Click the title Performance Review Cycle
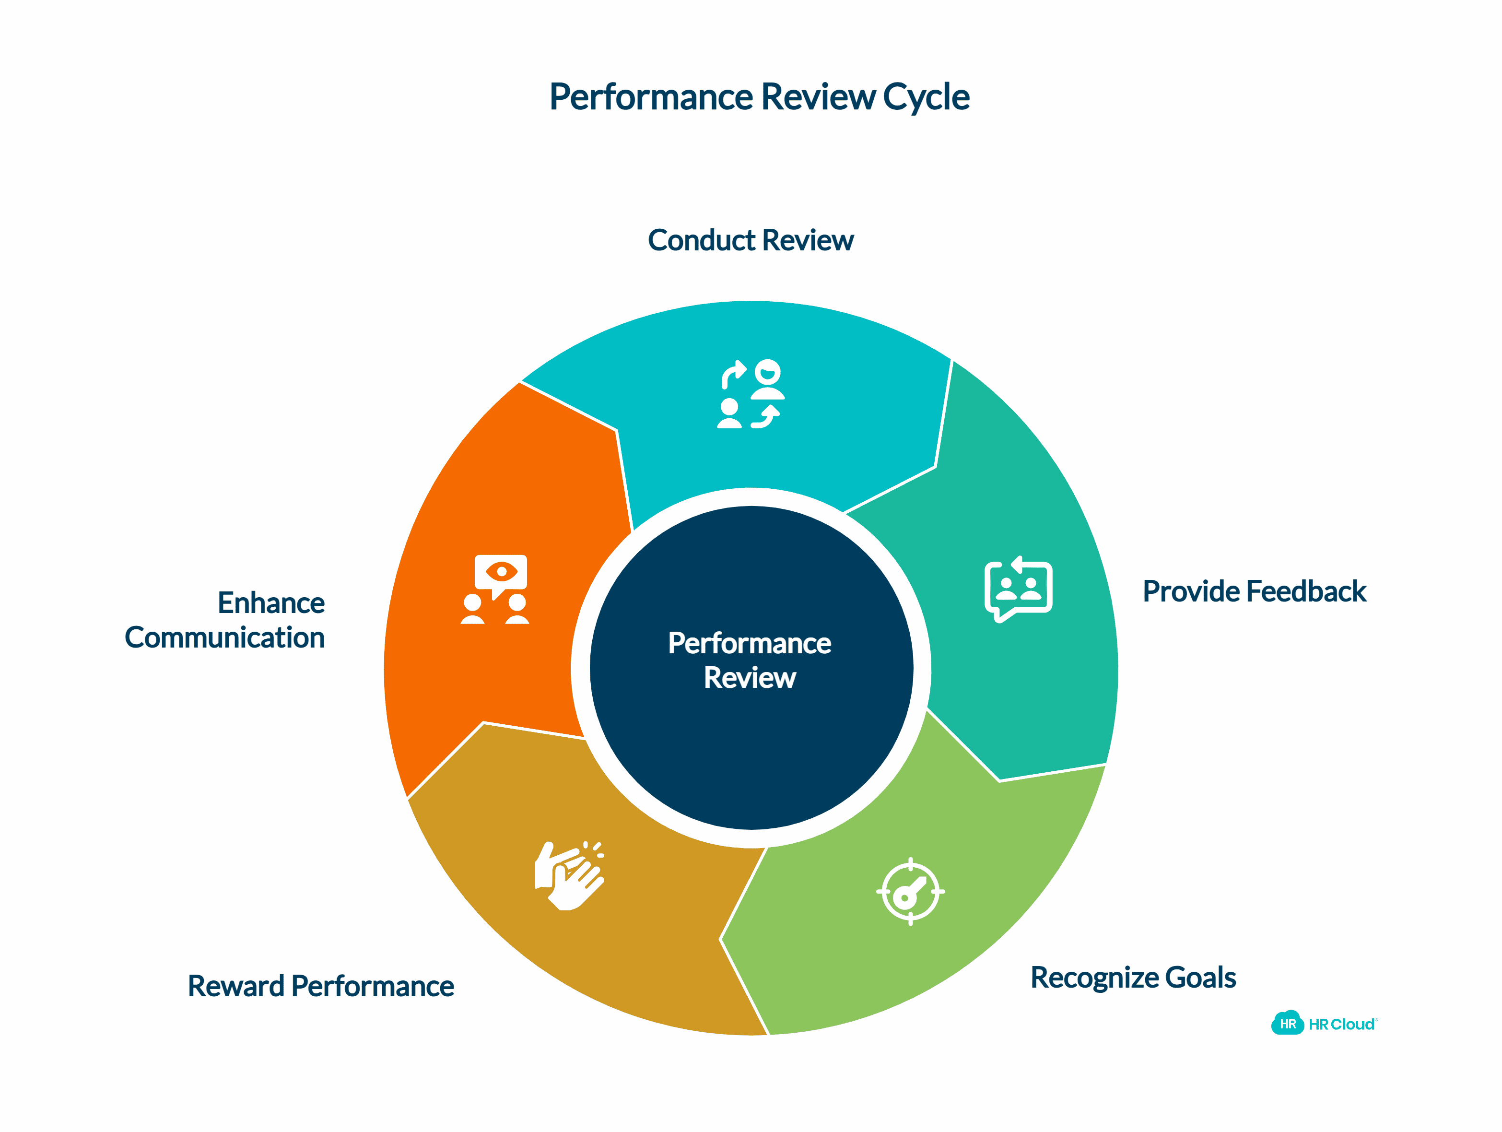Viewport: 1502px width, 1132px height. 759,96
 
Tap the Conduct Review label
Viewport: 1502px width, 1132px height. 751,240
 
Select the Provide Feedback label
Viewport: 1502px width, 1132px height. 1254,591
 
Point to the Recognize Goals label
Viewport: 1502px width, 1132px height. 1133,977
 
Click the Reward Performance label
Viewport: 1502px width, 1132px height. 320,986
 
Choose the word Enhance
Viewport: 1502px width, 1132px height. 271,603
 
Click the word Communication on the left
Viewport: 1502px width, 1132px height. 225,637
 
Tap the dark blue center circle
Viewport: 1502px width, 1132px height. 751,747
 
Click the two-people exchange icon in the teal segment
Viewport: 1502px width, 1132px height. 751,395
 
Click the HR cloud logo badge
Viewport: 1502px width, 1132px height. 1287,1023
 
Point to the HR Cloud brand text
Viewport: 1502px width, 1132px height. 1342,1024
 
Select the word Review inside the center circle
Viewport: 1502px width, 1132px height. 750,678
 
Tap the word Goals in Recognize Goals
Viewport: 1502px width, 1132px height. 1200,977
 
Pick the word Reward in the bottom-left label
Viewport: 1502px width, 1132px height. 235,986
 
